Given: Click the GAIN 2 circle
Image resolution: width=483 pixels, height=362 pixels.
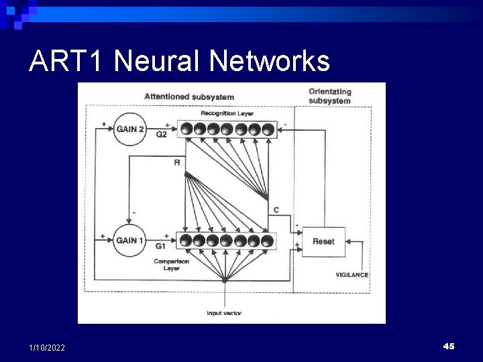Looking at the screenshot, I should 129,129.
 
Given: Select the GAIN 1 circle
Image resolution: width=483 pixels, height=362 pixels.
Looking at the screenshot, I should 129,241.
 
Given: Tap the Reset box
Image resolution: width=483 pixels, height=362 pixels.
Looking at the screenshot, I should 323,241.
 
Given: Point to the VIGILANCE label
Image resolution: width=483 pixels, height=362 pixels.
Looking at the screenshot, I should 352,275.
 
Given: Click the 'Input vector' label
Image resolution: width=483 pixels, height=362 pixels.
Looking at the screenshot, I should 224,313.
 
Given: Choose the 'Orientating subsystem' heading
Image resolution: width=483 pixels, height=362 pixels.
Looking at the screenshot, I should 329,96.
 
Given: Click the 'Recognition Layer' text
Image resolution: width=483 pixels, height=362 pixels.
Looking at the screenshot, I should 227,114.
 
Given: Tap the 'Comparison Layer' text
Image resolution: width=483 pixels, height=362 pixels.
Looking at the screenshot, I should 170,265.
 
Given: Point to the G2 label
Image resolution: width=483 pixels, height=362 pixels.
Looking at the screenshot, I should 162,135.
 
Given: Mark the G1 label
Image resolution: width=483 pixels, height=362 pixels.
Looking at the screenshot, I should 161,246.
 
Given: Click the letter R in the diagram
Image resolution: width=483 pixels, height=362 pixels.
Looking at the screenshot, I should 177,162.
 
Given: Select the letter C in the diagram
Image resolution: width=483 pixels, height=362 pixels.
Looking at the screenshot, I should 276,210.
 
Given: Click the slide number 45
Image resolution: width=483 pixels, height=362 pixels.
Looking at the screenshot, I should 449,346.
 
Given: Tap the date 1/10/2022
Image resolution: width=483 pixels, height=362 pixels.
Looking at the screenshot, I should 47,347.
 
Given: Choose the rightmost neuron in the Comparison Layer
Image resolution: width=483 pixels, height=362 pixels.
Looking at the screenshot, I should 268,241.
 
